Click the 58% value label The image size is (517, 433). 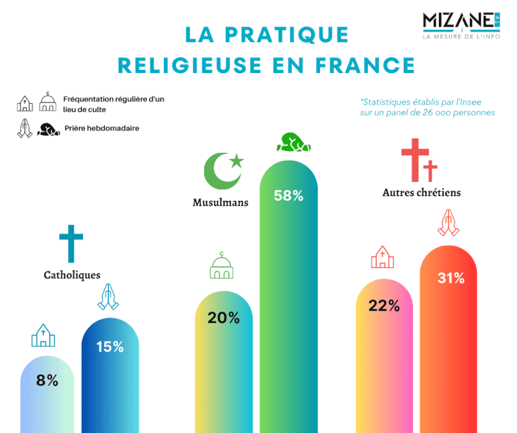[289, 196]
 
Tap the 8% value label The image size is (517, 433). [47, 380]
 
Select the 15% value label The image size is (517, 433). [110, 347]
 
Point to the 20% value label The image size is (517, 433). [224, 318]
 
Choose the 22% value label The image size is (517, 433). [384, 306]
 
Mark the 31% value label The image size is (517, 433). [451, 278]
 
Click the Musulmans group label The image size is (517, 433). [220, 202]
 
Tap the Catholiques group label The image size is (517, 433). [72, 275]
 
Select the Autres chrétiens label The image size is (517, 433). [422, 192]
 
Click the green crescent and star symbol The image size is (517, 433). [224, 170]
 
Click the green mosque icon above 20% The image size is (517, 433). [224, 266]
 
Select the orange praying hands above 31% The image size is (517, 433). [449, 223]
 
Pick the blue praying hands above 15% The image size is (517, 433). [109, 297]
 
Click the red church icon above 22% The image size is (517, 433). [383, 257]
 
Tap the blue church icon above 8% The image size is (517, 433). [43, 335]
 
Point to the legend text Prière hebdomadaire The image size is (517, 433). [102, 129]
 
